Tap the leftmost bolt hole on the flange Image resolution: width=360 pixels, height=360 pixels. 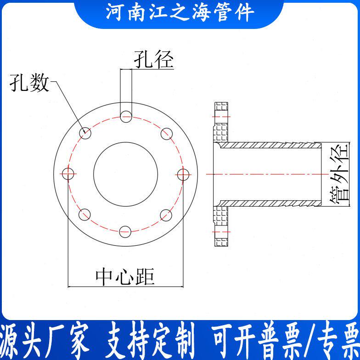[x=68, y=174]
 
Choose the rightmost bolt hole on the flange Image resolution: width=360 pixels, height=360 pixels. [x=183, y=174]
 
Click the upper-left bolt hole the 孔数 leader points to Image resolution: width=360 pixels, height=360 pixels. [x=85, y=133]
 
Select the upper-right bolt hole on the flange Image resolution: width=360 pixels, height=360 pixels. [x=167, y=134]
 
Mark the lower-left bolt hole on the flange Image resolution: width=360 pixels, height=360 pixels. [x=85, y=214]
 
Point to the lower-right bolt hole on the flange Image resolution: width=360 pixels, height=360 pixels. [x=167, y=214]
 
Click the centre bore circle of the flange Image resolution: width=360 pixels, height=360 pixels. [x=126, y=174]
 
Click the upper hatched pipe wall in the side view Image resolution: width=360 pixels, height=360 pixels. [x=271, y=145]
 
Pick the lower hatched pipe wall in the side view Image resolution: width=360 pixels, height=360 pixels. [x=271, y=202]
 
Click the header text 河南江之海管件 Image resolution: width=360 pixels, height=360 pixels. [x=180, y=13]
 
